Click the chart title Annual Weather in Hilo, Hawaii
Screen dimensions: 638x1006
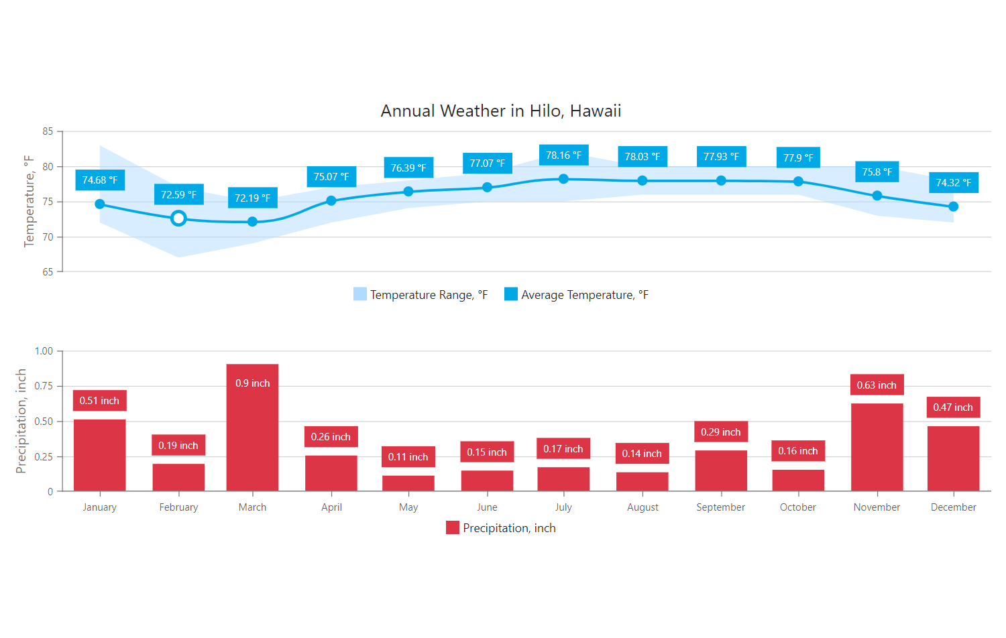point(501,111)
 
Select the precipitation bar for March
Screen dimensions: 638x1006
point(252,436)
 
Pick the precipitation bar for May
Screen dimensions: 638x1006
point(408,483)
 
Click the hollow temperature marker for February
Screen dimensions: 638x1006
point(178,218)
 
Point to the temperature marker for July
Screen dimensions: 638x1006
point(563,179)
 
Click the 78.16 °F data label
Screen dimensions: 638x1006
point(563,155)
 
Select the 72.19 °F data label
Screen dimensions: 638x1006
point(252,198)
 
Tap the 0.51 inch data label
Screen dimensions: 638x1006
point(99,401)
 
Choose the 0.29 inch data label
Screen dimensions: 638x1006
point(721,432)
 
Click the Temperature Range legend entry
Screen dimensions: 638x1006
point(421,295)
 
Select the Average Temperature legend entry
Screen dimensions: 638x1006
point(577,295)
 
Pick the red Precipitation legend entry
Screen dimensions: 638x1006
point(501,528)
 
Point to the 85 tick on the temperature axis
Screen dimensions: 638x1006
point(48,131)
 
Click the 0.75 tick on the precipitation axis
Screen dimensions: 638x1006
point(44,386)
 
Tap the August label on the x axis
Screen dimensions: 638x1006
point(642,507)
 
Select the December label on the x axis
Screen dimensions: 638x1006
point(953,507)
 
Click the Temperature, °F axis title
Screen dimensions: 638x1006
point(29,202)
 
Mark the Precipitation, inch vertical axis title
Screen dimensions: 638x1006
point(21,421)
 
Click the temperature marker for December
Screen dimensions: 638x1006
point(953,206)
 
